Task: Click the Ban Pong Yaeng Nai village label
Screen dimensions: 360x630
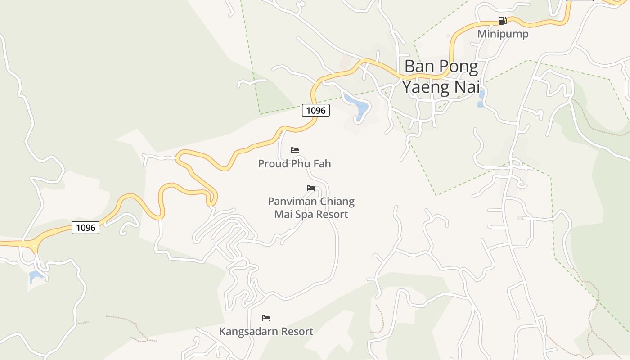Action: [x=441, y=76]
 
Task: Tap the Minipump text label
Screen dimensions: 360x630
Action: [x=503, y=34]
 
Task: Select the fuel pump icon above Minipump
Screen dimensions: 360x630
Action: [x=502, y=21]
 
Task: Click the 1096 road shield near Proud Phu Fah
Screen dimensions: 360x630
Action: [x=316, y=110]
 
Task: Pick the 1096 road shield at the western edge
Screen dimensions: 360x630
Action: [x=85, y=228]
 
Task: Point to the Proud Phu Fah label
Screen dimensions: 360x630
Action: [x=294, y=164]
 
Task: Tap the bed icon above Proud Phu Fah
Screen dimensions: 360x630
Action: [x=295, y=150]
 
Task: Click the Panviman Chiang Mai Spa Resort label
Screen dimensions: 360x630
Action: [x=311, y=208]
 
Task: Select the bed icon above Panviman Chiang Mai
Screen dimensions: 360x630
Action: [x=311, y=188]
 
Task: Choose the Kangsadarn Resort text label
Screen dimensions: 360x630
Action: [x=266, y=332]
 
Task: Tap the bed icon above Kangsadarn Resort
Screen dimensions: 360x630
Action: [x=266, y=318]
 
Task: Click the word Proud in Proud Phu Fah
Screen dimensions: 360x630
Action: [x=273, y=164]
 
